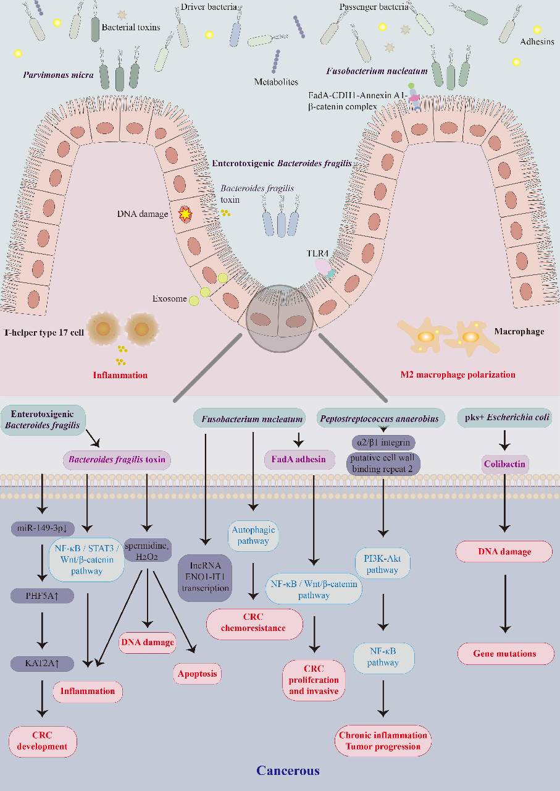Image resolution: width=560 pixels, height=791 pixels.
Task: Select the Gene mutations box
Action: click(x=504, y=653)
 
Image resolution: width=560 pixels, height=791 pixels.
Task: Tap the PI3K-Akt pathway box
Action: click(x=382, y=565)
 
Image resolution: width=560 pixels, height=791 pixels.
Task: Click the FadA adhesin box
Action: click(x=299, y=459)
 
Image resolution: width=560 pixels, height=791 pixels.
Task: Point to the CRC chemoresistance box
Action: click(x=255, y=623)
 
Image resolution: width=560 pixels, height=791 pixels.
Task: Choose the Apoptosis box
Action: click(x=197, y=673)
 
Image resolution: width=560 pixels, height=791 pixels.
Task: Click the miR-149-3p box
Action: click(x=42, y=530)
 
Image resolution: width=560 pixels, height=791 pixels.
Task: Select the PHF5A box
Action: click(x=42, y=596)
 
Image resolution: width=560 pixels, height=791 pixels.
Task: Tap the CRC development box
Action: click(x=43, y=741)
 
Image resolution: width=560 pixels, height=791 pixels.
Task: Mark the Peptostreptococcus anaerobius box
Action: click(x=380, y=418)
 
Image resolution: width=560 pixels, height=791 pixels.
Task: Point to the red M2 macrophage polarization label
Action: click(x=457, y=374)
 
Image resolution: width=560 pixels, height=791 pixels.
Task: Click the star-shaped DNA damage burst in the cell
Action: click(x=184, y=214)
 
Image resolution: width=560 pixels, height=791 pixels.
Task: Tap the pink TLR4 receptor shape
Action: click(x=323, y=265)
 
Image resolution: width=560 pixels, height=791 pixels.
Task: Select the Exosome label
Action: click(x=169, y=299)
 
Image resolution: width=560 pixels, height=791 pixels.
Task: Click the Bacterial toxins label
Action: click(x=130, y=27)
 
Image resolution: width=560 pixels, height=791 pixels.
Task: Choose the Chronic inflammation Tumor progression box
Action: click(x=383, y=740)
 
